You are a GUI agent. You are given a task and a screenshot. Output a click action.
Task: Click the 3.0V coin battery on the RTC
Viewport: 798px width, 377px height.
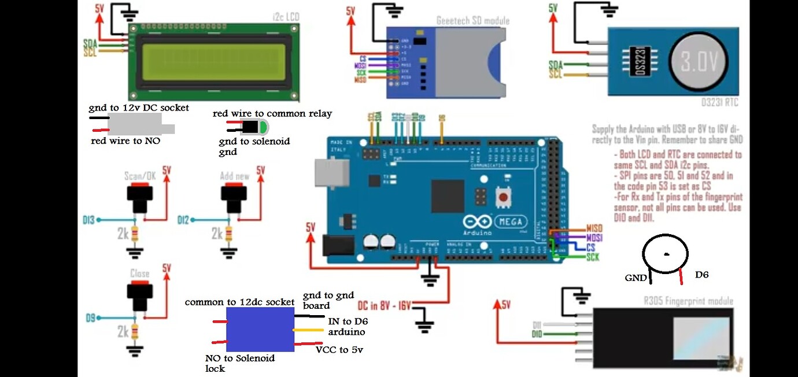coord(699,61)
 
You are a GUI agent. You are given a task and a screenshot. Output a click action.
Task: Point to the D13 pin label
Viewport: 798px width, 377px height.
coord(89,220)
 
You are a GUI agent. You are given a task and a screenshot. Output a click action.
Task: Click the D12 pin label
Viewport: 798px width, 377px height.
coord(183,220)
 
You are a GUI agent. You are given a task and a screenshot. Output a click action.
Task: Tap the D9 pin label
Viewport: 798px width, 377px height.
coord(90,318)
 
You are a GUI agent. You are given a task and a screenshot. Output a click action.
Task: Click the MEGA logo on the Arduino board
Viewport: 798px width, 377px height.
coord(509,221)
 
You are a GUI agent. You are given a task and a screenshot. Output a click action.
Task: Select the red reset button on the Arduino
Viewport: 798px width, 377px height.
coord(504,198)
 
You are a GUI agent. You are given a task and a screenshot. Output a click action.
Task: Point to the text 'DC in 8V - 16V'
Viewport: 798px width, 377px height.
coord(383,305)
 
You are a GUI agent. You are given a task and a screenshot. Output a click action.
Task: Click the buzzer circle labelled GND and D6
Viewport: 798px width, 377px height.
coord(666,253)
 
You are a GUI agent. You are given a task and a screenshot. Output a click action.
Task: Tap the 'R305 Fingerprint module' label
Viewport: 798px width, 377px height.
coord(688,301)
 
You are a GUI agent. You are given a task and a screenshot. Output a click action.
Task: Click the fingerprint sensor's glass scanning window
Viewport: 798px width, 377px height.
coord(701,337)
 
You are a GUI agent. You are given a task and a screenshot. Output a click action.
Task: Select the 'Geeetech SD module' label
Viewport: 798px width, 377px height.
coord(473,21)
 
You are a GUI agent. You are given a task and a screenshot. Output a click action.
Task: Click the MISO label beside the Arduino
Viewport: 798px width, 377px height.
coord(594,229)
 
